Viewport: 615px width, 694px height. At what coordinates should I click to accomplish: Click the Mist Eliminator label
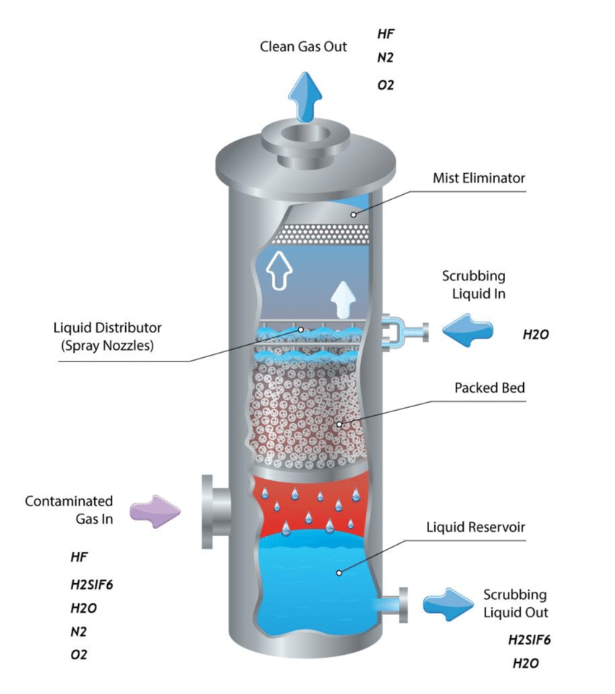point(478,177)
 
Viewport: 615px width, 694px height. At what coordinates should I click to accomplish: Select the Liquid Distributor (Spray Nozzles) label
point(107,337)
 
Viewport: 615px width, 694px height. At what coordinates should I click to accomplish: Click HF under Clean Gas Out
point(386,33)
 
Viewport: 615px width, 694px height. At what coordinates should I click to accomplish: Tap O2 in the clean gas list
point(386,85)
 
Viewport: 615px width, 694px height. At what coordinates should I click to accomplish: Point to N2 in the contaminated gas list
point(78,631)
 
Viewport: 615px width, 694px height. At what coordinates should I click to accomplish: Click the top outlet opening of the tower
point(305,136)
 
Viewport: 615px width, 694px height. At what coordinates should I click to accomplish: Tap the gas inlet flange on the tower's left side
point(207,511)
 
